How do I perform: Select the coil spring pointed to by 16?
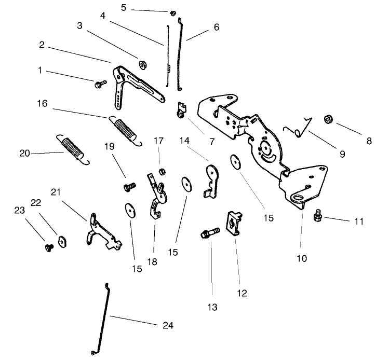click(125, 129)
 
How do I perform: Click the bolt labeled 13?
click(207, 236)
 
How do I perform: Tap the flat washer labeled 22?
click(62, 240)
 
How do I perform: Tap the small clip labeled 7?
click(180, 110)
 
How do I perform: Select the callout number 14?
click(184, 141)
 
